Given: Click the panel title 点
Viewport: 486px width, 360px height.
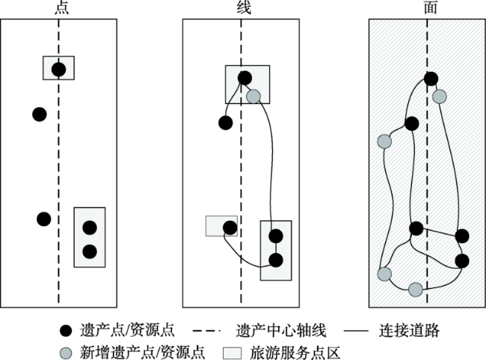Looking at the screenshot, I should pos(58,7).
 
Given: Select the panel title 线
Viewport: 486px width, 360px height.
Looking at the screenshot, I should pos(241,7).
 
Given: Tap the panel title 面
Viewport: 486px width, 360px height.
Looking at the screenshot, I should pos(425,7).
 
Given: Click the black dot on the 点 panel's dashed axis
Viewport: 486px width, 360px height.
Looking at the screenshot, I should pos(58,70).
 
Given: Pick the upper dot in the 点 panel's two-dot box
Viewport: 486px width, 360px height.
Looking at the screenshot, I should pos(90,228).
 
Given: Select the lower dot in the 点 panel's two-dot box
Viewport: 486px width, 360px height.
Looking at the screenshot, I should pos(90,251).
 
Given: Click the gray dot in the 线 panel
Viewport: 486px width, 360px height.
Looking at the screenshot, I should pos(253,96).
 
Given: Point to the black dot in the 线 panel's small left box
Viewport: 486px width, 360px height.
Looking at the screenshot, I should pos(230,227).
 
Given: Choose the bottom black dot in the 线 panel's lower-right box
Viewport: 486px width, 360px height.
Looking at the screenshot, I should pos(276,260).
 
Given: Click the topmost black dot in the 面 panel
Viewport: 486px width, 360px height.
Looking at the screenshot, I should pos(431,78).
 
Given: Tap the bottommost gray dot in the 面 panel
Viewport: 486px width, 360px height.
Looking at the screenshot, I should pos(416,288).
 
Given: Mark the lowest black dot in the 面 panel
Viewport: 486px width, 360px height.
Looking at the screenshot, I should pos(462,260).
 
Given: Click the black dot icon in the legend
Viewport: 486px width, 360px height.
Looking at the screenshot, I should pos(66,330).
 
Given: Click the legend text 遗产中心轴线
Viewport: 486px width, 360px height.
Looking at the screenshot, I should pos(275,330).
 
